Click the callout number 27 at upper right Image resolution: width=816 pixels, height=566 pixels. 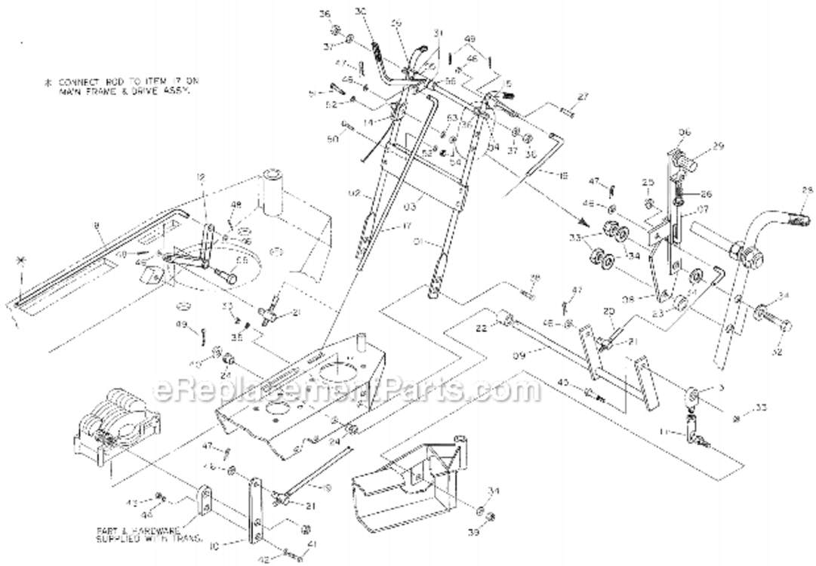[x=582, y=97]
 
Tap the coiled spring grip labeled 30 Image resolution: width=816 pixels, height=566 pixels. [x=375, y=54]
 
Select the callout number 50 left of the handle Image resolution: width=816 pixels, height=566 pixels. [x=334, y=140]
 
